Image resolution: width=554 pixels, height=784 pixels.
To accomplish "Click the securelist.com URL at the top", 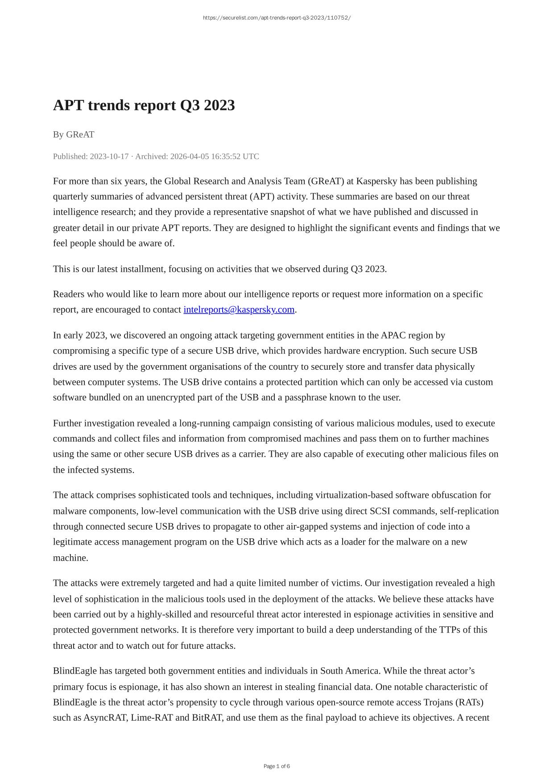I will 277,18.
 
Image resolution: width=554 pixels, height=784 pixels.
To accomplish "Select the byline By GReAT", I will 74,134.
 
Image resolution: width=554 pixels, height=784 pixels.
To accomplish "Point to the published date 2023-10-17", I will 109,156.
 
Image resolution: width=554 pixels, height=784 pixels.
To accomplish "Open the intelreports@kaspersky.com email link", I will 239,309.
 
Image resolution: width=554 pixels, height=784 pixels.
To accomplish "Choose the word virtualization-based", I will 354,495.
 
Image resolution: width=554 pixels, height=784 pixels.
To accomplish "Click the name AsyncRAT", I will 105,717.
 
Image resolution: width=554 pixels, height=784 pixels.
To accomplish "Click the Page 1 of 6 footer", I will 277,766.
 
